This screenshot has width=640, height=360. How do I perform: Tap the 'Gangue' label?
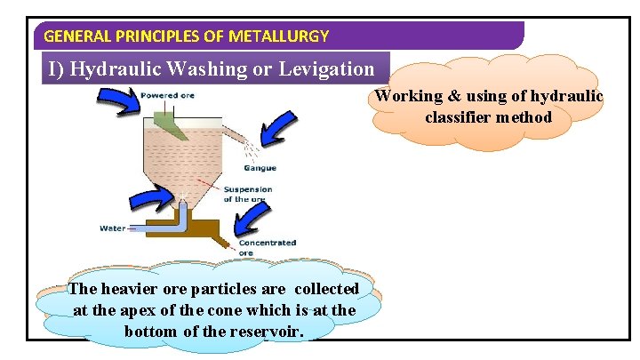pyautogui.click(x=260, y=168)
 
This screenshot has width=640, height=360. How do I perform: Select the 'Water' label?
pyautogui.click(x=112, y=228)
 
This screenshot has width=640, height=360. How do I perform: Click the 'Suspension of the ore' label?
pyautogui.click(x=248, y=194)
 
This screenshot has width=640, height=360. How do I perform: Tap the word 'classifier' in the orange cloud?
pyautogui.click(x=462, y=116)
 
